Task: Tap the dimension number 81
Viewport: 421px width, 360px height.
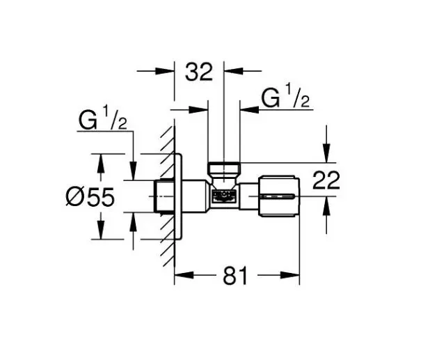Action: click(x=236, y=276)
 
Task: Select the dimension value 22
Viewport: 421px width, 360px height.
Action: click(x=326, y=180)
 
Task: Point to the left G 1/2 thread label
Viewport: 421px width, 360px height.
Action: click(x=102, y=121)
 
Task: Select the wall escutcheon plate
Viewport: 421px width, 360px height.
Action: click(x=179, y=198)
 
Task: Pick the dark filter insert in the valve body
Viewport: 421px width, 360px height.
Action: click(x=223, y=197)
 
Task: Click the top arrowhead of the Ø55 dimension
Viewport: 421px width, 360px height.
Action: click(x=101, y=161)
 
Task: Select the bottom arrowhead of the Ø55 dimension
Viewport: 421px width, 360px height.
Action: click(x=101, y=234)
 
